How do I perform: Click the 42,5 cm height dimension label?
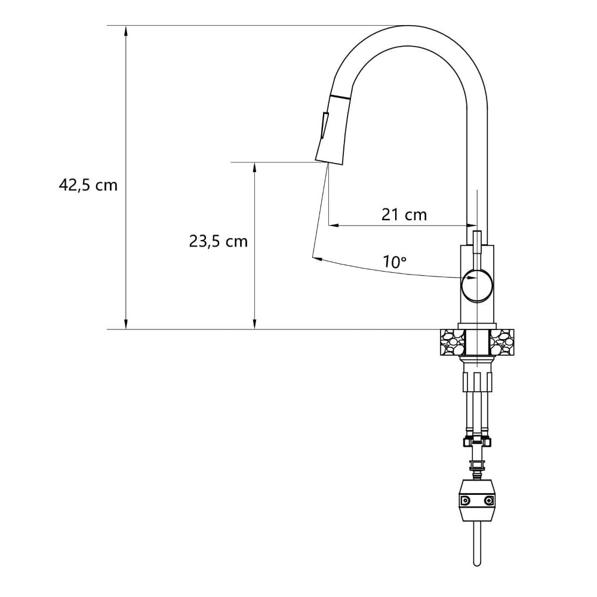tap(88, 186)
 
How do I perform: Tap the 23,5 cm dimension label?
tap(218, 241)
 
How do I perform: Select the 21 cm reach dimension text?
tap(404, 215)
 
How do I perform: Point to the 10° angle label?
tap(395, 261)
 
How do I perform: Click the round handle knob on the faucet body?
tap(477, 285)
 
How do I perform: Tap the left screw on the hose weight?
tap(465, 500)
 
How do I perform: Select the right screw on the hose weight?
tap(488, 500)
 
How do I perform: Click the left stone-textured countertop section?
tap(453, 342)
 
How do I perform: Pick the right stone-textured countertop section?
tap(501, 342)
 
